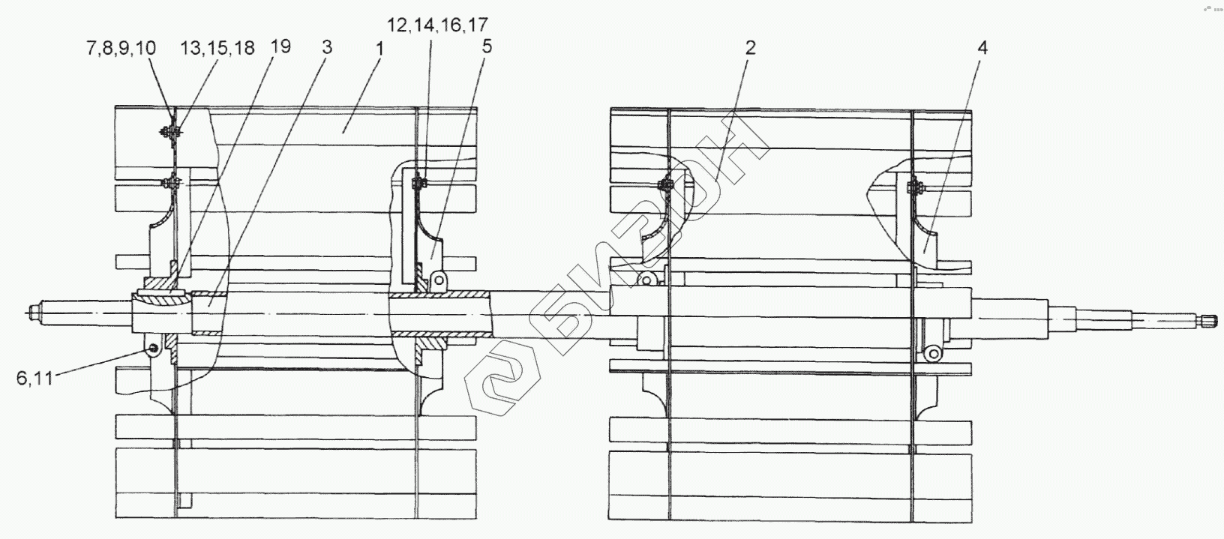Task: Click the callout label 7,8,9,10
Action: point(121,49)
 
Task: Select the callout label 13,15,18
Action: point(217,49)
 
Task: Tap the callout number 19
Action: point(280,47)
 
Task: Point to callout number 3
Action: point(327,47)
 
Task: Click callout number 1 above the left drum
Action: point(379,49)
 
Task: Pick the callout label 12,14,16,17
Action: point(437,25)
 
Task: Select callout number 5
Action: point(487,47)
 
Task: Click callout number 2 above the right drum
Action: point(750,48)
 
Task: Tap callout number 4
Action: point(982,48)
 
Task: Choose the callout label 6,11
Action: point(34,378)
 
